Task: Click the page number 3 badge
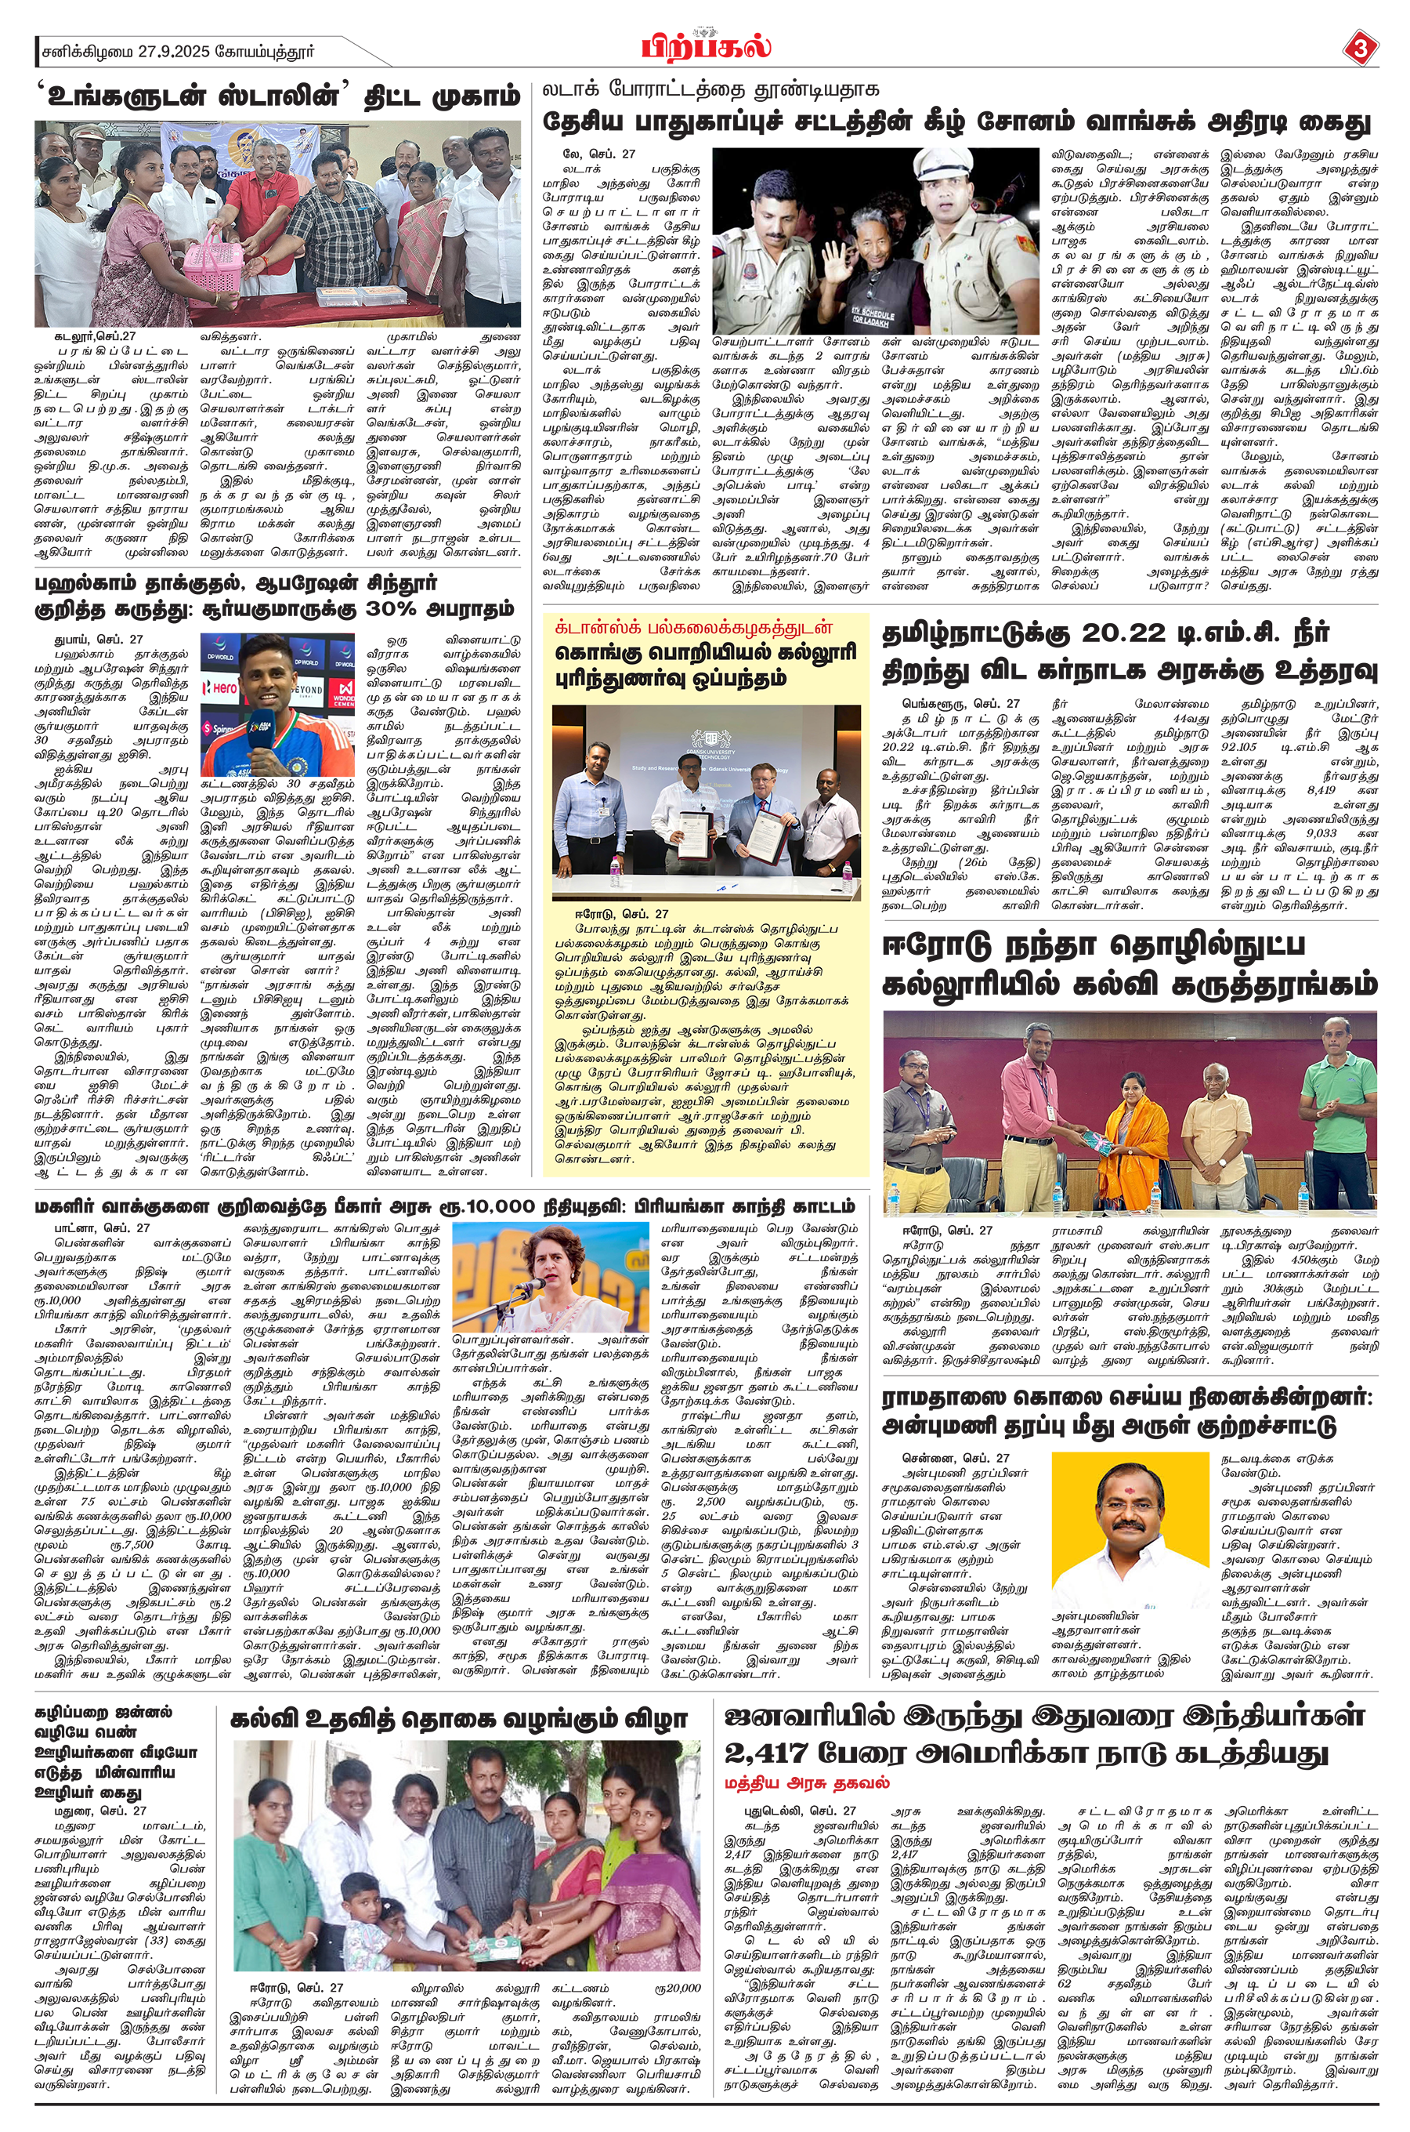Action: pyautogui.click(x=1359, y=47)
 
